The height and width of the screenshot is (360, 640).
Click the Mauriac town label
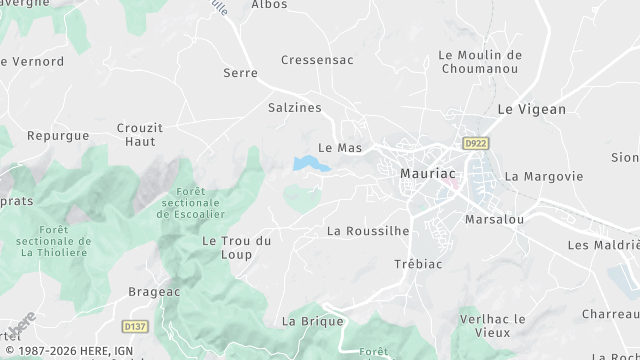427,172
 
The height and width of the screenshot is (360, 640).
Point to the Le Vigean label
531,109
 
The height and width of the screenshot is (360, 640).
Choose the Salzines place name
293,106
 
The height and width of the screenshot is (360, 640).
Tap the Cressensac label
317,60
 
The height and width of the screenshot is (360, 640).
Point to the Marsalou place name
495,219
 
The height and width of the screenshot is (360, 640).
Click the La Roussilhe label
368,231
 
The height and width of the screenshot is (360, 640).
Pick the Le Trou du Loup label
237,247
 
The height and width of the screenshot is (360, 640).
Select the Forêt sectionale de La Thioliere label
54,242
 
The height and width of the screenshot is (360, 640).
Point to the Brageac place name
153,292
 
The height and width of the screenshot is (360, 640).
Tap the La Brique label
313,321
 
